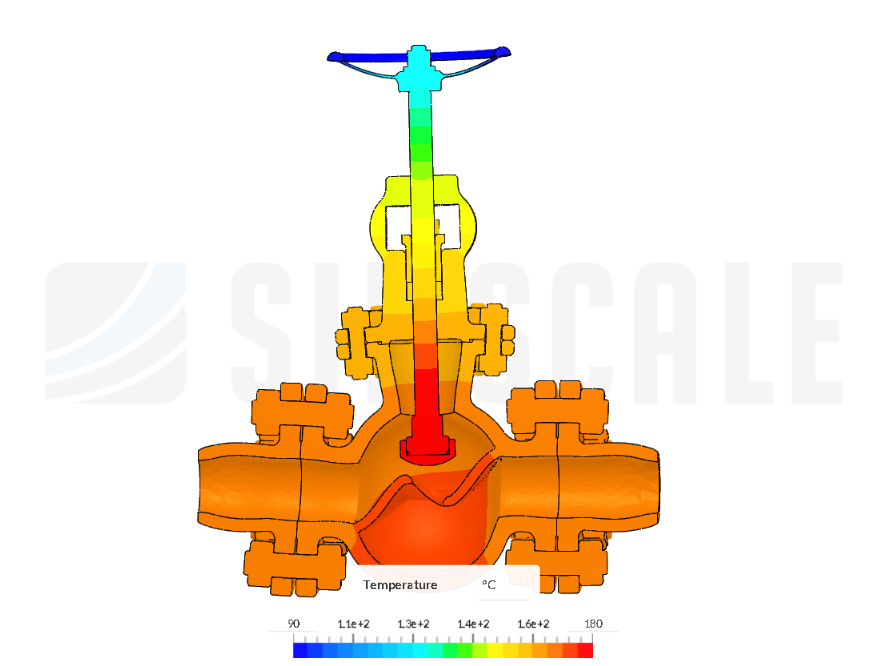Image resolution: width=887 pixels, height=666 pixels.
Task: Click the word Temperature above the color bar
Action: pyautogui.click(x=400, y=584)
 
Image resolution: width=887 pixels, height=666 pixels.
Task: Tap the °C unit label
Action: pyautogui.click(x=489, y=584)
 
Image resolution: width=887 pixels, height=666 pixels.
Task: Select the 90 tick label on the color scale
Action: pyautogui.click(x=294, y=623)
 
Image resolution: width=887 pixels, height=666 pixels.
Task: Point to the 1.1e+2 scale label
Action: pyautogui.click(x=353, y=623)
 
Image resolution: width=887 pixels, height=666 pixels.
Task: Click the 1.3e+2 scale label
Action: pyautogui.click(x=413, y=623)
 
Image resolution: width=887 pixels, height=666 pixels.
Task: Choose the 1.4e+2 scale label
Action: pyautogui.click(x=473, y=623)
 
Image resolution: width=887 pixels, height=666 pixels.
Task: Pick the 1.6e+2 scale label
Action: pyautogui.click(x=533, y=623)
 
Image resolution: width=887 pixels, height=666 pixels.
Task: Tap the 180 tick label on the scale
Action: pyautogui.click(x=593, y=623)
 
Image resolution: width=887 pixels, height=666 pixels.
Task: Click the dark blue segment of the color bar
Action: pyautogui.click(x=300, y=650)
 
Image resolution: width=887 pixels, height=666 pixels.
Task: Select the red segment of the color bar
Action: pyautogui.click(x=585, y=650)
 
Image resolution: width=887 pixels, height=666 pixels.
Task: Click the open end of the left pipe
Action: pyautogui.click(x=205, y=485)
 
